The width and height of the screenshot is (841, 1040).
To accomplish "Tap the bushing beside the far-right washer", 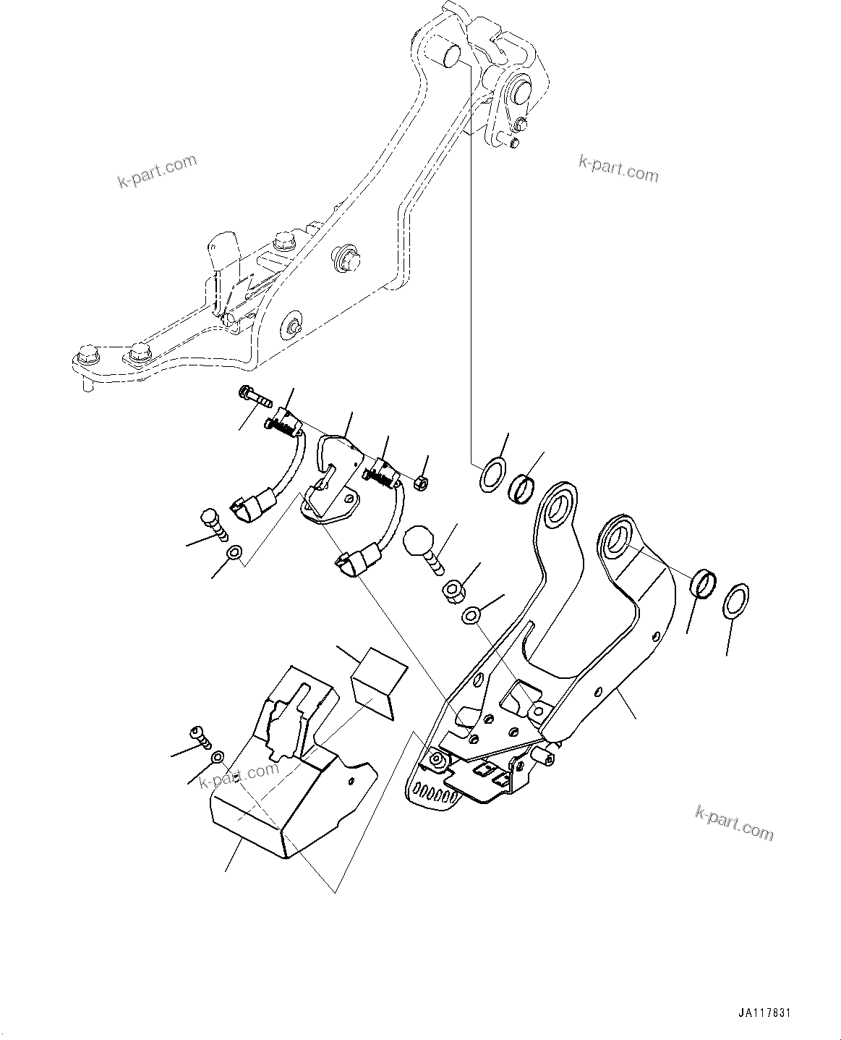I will pos(705,583).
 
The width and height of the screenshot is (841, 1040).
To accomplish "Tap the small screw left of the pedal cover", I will pos(200,737).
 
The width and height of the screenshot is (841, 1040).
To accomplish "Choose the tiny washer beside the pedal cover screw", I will pos(217,758).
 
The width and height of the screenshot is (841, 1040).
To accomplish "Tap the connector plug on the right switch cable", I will pos(351,562).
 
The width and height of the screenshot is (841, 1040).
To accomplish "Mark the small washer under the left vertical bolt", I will pos(234,554).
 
